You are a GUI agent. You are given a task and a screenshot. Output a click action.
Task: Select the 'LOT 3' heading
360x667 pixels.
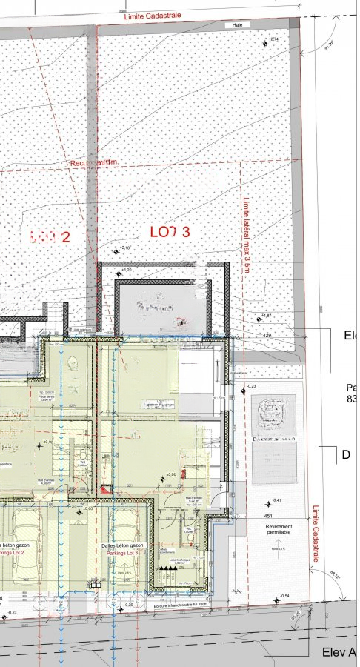point(170,232)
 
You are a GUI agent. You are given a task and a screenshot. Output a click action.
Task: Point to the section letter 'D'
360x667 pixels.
point(346,455)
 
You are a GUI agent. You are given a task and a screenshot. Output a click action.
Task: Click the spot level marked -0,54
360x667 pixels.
point(284,597)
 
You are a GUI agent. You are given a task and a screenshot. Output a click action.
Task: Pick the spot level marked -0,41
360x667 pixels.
point(276,501)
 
